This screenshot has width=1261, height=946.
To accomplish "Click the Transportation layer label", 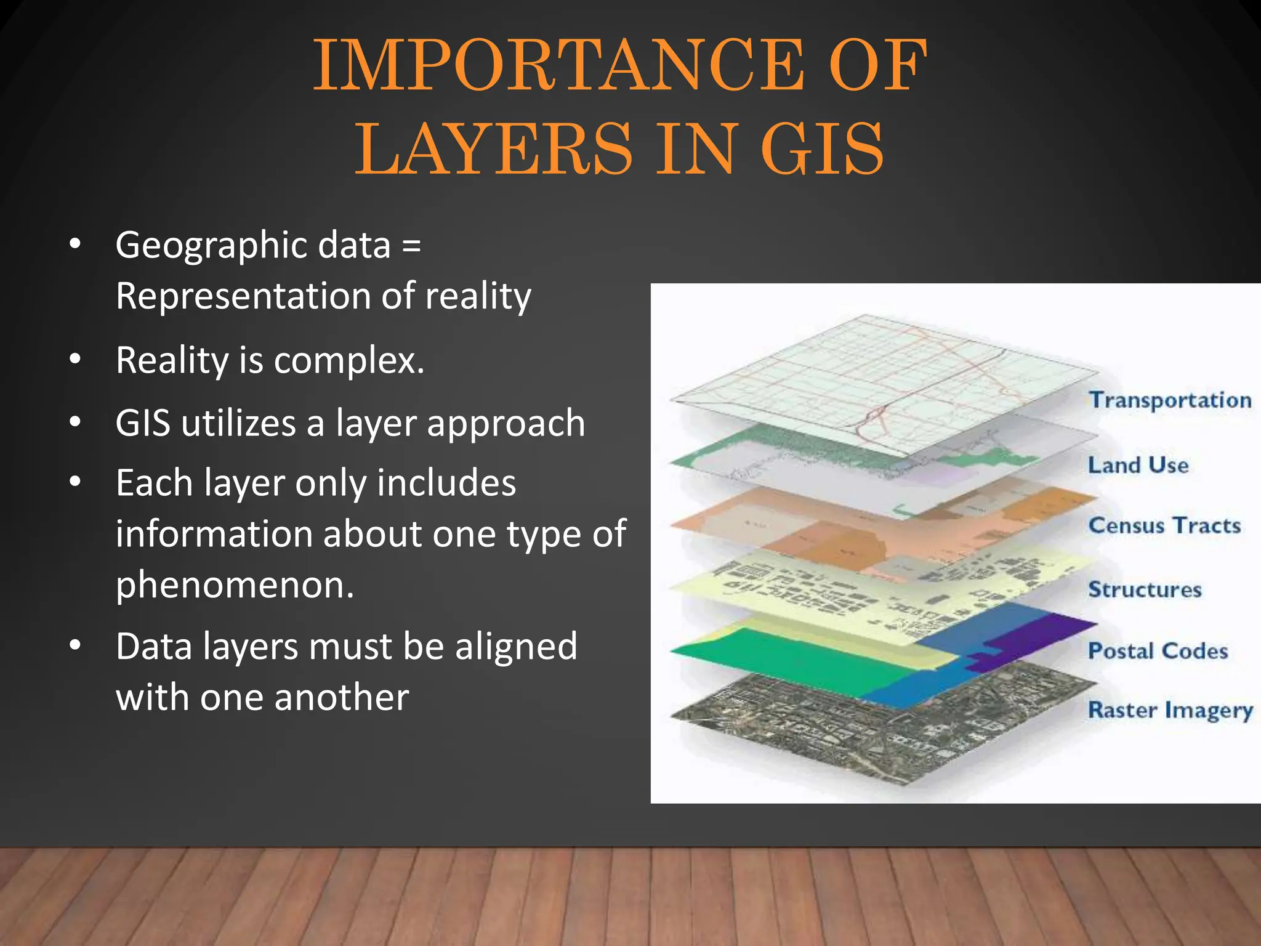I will pyautogui.click(x=1170, y=400).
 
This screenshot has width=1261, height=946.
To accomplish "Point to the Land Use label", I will pyautogui.click(x=1138, y=465).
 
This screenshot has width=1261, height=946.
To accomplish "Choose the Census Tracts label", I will pyautogui.click(x=1164, y=525).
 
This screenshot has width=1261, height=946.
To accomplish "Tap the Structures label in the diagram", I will pyautogui.click(x=1145, y=589).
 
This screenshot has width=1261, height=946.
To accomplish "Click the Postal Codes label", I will pyautogui.click(x=1158, y=651).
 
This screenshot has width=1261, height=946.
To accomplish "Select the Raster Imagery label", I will pyautogui.click(x=1170, y=710).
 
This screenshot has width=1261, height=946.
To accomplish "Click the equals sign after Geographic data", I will pyautogui.click(x=411, y=246).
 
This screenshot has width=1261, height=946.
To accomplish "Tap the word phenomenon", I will pyautogui.click(x=235, y=585).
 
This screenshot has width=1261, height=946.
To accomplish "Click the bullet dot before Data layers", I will pyautogui.click(x=75, y=645).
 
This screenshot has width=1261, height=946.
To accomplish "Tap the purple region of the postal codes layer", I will pyautogui.click(x=1041, y=634).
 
